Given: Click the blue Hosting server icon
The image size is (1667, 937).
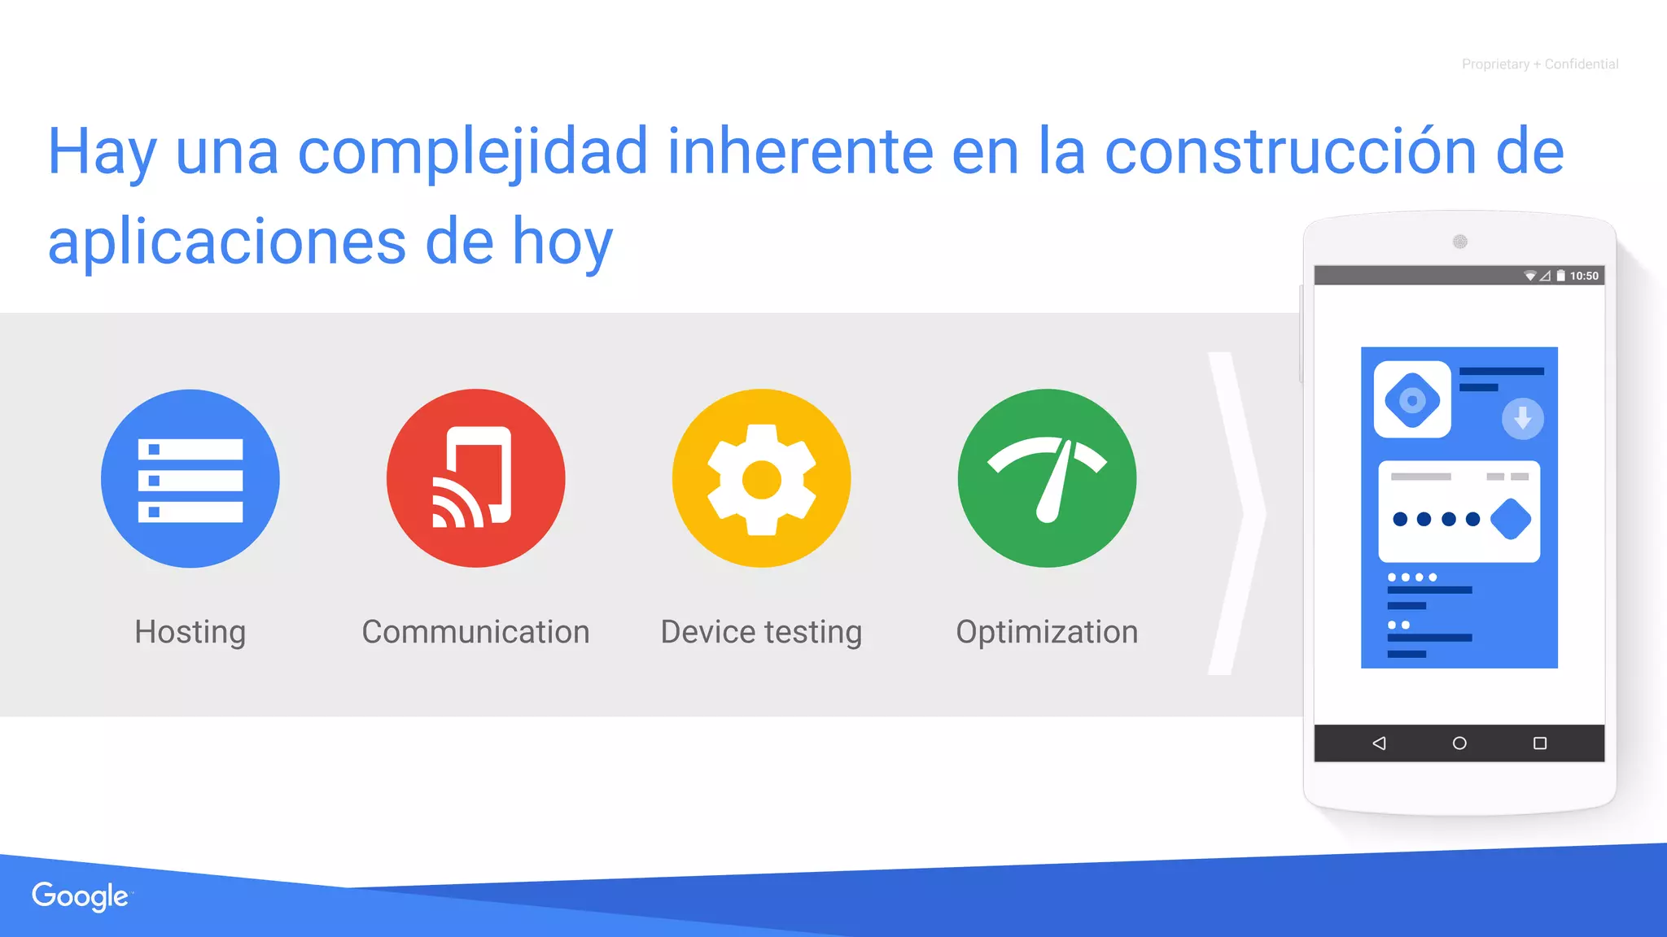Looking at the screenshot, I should point(190,478).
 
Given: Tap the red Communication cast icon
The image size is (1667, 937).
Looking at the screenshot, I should point(475,478).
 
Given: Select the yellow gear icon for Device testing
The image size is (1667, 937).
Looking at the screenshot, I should point(761,478).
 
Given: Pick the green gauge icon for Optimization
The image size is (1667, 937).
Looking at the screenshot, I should point(1047,478).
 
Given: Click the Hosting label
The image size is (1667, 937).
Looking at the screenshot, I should point(190,632).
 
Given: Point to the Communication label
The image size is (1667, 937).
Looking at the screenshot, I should point(475,632).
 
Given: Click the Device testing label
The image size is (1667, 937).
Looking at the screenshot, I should point(761,632).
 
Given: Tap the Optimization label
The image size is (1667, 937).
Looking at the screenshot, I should point(1047,632).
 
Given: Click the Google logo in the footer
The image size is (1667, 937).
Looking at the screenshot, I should point(80,896).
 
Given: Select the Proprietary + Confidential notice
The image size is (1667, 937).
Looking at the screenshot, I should point(1539,64).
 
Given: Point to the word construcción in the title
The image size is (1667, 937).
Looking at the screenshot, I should point(1289,152).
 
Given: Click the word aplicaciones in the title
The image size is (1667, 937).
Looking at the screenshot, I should point(226,242).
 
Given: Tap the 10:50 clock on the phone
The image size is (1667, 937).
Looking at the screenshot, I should point(1584,276).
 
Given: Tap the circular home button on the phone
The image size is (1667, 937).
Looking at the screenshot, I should point(1459,743).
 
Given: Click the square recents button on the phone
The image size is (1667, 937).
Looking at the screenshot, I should point(1540,743).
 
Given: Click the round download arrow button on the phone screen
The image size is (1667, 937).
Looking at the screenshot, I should point(1522,419).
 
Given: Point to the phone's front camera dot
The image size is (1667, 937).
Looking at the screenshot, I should point(1460,242).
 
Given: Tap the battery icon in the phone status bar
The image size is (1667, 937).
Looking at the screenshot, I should point(1560,276).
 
